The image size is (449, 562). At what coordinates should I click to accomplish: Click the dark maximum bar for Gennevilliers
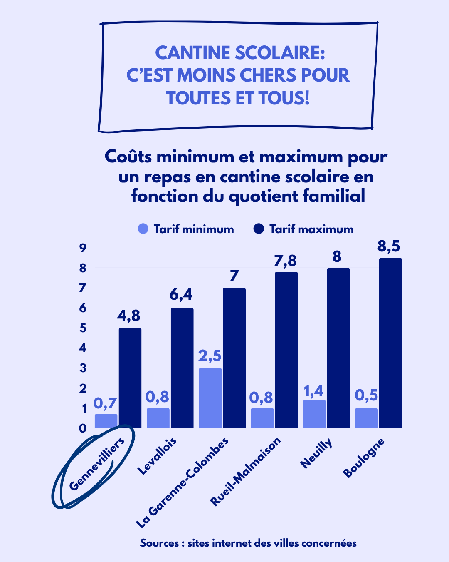coord(130,378)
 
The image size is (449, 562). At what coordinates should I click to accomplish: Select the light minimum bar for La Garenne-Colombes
coord(210,398)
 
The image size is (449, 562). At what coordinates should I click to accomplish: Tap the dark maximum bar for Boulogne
coord(390,343)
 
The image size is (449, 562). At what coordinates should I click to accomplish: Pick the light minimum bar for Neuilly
coord(314,414)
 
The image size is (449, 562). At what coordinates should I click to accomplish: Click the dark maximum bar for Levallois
coord(182,368)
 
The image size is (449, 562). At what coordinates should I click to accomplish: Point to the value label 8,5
coord(389,246)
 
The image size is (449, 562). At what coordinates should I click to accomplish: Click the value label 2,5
coord(210,356)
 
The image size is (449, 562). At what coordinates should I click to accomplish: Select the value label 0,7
coord(105,403)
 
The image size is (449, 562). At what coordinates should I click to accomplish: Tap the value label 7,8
coord(285,261)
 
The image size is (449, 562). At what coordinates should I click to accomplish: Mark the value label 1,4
coord(313,391)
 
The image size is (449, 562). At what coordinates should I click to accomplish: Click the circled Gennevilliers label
coord(96,464)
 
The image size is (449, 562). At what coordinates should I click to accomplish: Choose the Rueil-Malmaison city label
coord(245,472)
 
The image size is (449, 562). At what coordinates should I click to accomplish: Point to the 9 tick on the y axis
coord(83,248)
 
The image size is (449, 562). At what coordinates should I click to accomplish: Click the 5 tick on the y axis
coord(83,328)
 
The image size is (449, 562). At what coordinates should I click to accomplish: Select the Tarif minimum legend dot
coord(143,229)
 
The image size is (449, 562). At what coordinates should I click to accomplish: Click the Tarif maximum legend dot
coord(259,229)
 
